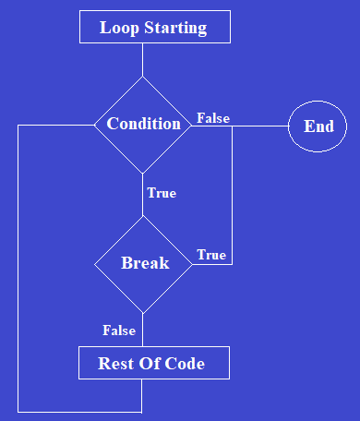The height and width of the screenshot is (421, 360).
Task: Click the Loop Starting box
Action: tap(153, 28)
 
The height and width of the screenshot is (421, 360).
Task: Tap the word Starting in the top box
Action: tap(175, 29)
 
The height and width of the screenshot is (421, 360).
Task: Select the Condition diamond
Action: tap(143, 124)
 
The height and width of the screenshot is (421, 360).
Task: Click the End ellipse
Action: tap(318, 126)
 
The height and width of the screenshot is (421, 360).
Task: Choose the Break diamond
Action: tap(144, 263)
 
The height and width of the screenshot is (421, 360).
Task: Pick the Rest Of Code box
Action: tap(152, 363)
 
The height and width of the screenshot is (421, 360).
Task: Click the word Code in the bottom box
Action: tap(185, 364)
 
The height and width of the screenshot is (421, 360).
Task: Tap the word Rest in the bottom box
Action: tap(115, 364)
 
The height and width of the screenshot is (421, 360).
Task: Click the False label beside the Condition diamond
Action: tap(213, 118)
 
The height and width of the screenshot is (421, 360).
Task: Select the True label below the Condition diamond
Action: tap(162, 193)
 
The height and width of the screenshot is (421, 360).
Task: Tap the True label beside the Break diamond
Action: tap(211, 255)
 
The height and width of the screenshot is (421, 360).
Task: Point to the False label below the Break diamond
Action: tap(119, 331)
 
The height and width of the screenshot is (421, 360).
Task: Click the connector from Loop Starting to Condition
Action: tap(143, 59)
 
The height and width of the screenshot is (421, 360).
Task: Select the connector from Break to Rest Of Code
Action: tap(143, 330)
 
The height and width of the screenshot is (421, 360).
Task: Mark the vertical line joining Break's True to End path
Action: tap(232, 194)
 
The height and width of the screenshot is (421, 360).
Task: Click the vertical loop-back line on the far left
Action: tap(18, 268)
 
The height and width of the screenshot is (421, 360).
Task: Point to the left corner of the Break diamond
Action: tap(96, 263)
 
